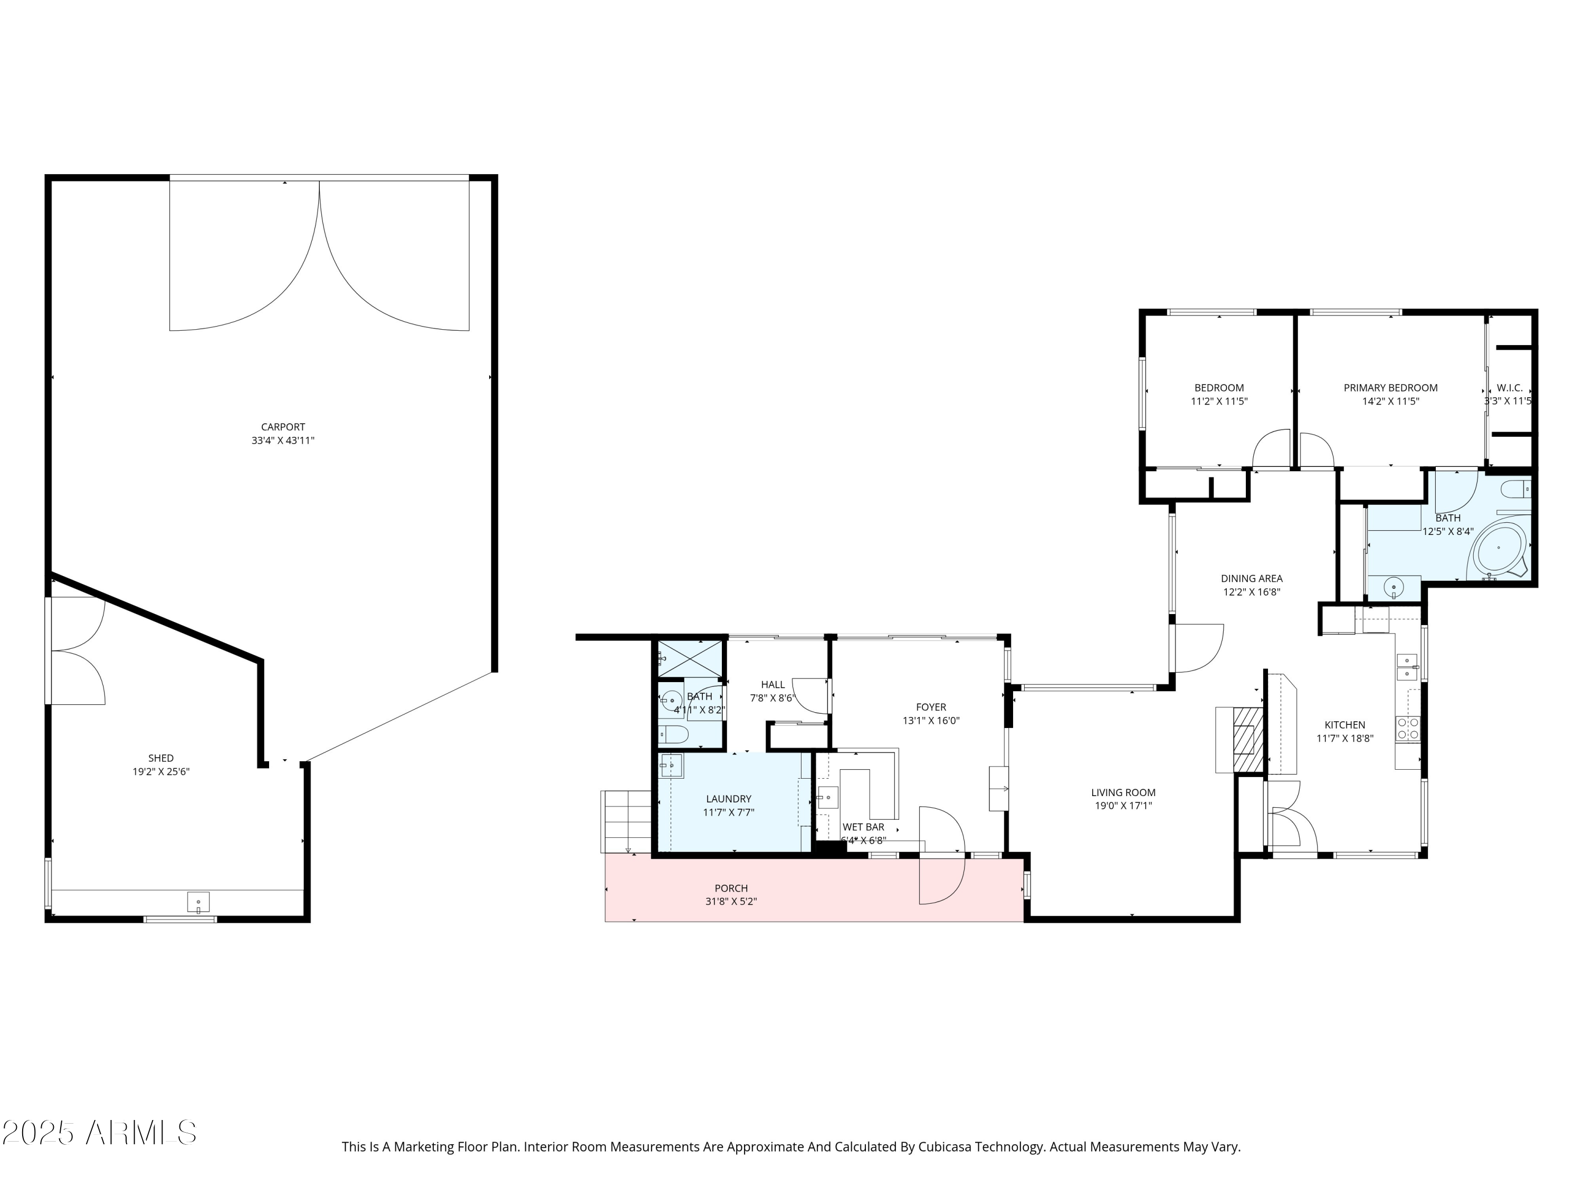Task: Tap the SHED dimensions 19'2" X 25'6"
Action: click(x=161, y=771)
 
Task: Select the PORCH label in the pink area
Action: click(x=731, y=888)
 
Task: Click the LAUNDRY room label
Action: click(x=729, y=799)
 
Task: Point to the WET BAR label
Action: click(x=863, y=826)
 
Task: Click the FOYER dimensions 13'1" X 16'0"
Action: click(x=930, y=721)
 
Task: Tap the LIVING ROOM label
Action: click(x=1123, y=792)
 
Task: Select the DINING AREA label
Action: click(x=1251, y=578)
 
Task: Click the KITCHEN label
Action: click(x=1344, y=725)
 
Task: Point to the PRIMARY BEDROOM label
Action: click(x=1390, y=388)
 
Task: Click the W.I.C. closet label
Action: click(x=1509, y=388)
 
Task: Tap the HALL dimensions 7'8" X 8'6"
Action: click(x=772, y=697)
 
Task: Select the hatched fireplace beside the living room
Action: click(x=1247, y=740)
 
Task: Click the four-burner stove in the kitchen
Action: click(x=1407, y=729)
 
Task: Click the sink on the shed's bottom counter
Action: click(x=198, y=902)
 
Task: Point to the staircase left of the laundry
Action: click(x=627, y=821)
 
